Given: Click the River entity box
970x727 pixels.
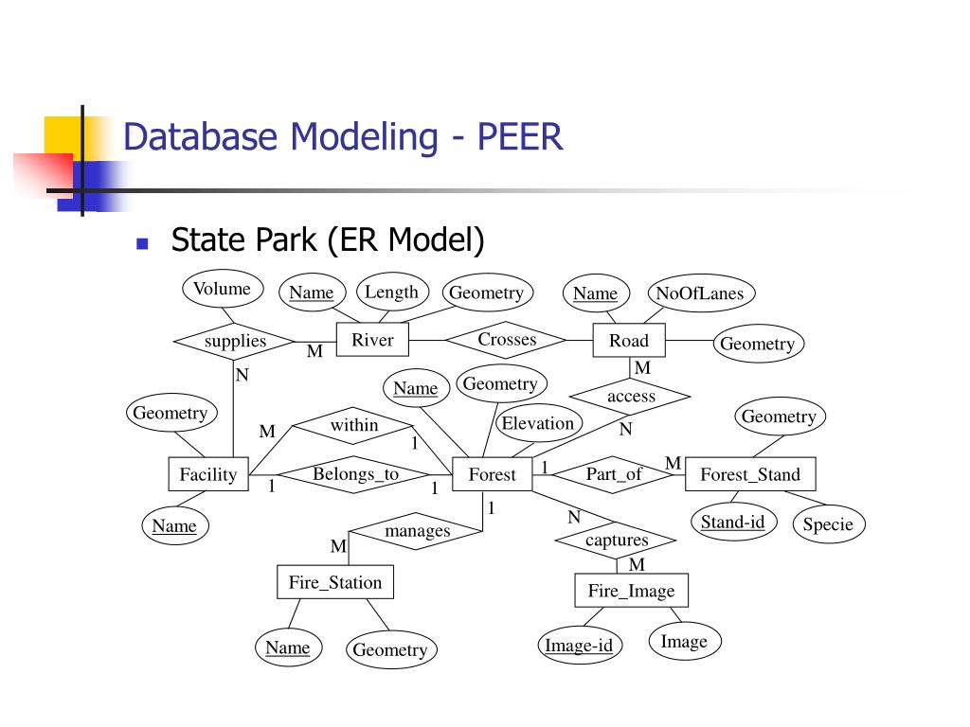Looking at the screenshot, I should (x=372, y=341).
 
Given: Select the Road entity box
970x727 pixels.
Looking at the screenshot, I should (x=629, y=341).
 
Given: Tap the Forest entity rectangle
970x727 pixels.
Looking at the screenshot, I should (x=493, y=474).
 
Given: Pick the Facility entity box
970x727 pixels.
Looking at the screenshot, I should (x=208, y=474).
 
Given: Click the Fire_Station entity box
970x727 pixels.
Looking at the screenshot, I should (x=334, y=582).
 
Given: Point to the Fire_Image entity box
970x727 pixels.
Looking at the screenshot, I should (x=631, y=591).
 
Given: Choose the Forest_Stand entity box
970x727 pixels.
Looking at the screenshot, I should (x=749, y=474).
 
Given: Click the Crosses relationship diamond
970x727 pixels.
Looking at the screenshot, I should (x=507, y=340).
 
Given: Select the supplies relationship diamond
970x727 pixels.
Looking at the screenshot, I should (x=235, y=342).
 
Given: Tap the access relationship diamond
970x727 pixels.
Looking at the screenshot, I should (x=631, y=397).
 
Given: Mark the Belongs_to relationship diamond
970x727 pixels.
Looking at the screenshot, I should (x=356, y=474).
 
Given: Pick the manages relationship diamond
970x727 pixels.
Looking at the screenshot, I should (x=417, y=531).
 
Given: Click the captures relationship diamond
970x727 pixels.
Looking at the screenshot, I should (x=617, y=541).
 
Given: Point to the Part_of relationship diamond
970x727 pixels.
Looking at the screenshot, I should (x=614, y=474).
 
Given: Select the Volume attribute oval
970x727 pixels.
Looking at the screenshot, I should (x=222, y=289).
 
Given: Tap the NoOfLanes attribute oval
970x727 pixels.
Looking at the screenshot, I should (x=699, y=293).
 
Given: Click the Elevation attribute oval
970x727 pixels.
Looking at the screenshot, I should (x=538, y=424).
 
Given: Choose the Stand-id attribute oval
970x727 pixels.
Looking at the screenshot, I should (x=732, y=522).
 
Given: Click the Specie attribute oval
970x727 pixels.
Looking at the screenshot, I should (x=828, y=524).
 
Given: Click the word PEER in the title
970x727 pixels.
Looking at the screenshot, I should (x=520, y=137).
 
